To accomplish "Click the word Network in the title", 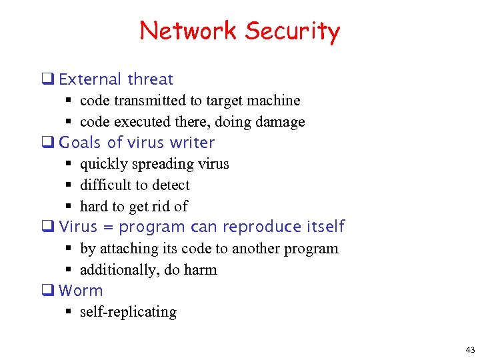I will pos(188,31).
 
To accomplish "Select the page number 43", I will pos(470,350).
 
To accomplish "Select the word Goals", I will pos(81,143).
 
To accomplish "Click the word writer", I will pos(192,143).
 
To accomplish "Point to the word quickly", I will pos(103,164).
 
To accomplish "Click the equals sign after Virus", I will pos(109,227).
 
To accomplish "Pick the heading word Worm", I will pos(81,291).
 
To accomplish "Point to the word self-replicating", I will pos(128,312).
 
